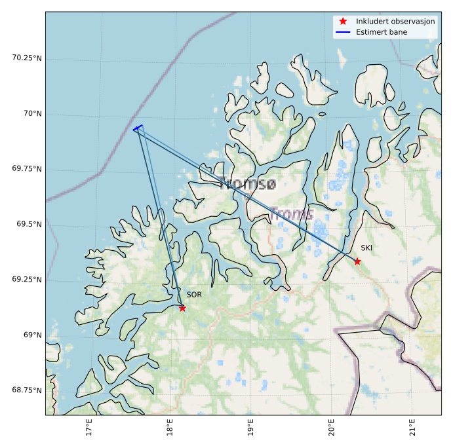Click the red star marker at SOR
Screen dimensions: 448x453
pyautogui.click(x=182, y=308)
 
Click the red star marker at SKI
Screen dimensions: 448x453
pyautogui.click(x=357, y=261)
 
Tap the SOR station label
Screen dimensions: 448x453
pyautogui.click(x=194, y=295)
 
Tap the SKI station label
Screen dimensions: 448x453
pyautogui.click(x=366, y=248)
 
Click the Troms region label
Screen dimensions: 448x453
pyautogui.click(x=292, y=214)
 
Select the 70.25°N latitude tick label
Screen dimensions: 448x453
pyautogui.click(x=27, y=58)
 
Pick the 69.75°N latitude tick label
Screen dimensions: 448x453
pyautogui.click(x=27, y=169)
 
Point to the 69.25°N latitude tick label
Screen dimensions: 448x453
pyautogui.click(x=27, y=280)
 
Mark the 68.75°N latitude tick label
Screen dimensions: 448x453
pyautogui.click(x=27, y=390)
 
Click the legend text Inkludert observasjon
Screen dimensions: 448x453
pyautogui.click(x=395, y=22)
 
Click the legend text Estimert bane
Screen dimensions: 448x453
pyautogui.click(x=382, y=32)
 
